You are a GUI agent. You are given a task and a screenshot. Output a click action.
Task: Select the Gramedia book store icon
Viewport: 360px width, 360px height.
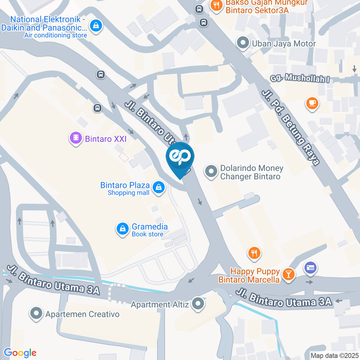122,229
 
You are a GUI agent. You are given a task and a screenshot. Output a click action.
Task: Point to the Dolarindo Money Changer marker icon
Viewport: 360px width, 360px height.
211,172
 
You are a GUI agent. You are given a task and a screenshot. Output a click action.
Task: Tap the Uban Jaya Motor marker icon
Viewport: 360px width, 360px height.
243,43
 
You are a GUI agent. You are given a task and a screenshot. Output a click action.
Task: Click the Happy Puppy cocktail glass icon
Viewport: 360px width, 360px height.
288,274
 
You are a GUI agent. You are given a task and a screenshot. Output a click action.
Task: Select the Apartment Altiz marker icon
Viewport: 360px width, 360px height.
198,304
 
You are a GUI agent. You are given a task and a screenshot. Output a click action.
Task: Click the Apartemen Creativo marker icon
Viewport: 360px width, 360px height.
36,313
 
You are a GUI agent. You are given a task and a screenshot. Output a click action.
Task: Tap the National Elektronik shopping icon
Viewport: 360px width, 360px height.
96,26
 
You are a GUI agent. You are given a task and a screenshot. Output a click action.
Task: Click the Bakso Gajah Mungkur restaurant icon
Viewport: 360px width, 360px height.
216,6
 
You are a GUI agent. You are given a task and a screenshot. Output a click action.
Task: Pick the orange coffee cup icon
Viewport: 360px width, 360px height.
312,103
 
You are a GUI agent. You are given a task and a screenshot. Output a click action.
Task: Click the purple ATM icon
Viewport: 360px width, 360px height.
310,268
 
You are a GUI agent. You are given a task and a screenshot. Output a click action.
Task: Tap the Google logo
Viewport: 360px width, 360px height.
20,352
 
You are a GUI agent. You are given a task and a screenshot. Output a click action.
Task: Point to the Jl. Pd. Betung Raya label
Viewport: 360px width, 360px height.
291,127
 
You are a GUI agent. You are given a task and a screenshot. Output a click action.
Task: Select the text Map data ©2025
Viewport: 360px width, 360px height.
334,355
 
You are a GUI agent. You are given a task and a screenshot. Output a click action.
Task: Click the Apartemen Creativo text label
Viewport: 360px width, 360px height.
82,314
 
